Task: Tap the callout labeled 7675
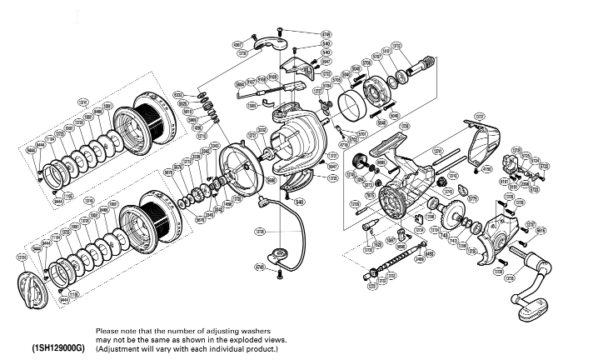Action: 370,195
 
